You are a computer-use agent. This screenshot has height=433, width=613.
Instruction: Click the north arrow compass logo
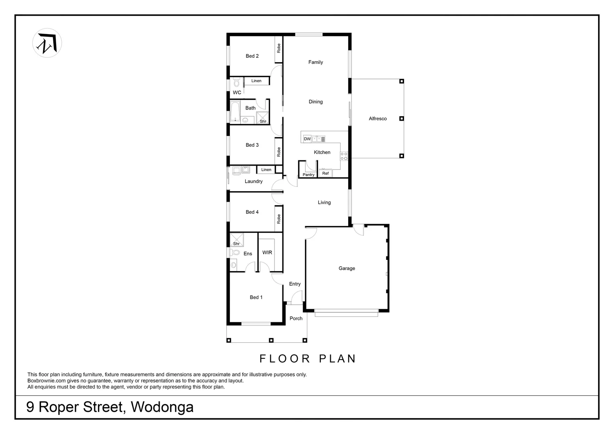(47, 43)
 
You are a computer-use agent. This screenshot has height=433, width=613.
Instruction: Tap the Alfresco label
(378, 119)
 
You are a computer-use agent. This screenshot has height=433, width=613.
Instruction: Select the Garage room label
(347, 269)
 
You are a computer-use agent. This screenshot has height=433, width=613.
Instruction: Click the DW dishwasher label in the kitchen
(307, 139)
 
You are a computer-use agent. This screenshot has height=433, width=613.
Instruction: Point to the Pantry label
(309, 175)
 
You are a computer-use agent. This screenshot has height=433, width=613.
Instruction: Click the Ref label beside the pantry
(325, 174)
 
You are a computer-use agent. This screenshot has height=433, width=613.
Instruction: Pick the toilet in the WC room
(236, 83)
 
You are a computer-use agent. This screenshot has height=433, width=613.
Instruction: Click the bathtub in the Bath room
(235, 111)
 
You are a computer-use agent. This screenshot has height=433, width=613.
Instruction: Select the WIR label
(267, 253)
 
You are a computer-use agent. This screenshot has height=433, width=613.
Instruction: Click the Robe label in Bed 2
(278, 49)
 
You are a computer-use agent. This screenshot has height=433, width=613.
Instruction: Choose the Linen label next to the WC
(256, 81)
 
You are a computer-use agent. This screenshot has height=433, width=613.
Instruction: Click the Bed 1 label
(256, 297)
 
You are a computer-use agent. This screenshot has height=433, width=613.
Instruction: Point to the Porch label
(296, 319)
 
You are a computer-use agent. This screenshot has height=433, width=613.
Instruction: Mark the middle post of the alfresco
(401, 119)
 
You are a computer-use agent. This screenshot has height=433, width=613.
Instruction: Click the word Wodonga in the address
(162, 407)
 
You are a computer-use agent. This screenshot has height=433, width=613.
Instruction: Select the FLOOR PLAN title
(308, 358)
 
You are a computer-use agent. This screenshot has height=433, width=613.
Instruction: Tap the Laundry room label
(254, 182)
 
